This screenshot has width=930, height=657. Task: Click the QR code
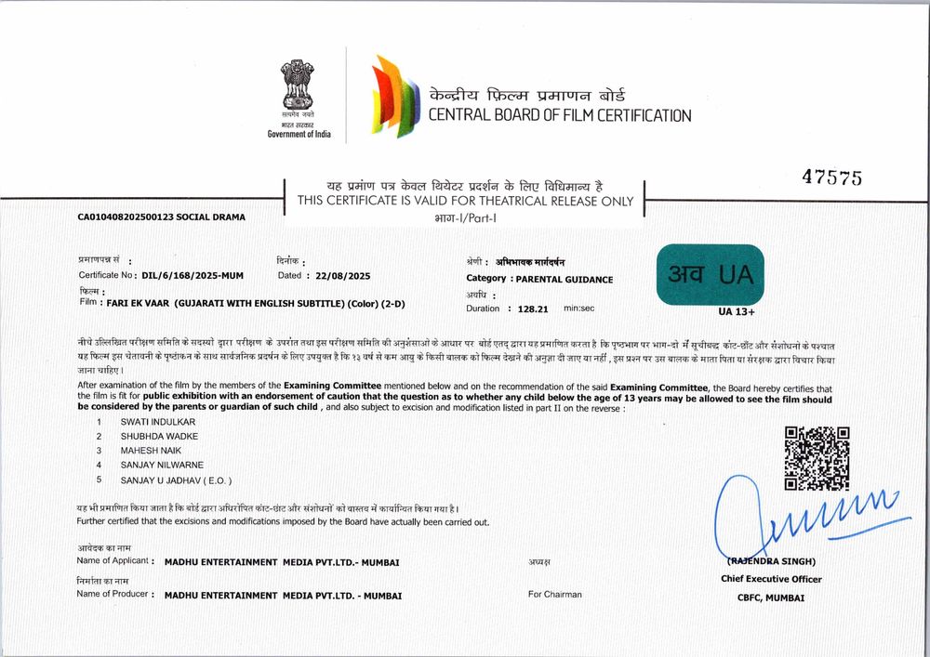pyautogui.click(x=817, y=458)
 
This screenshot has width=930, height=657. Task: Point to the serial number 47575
pyautogui.click(x=831, y=178)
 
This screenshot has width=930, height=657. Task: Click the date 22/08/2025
pyautogui.click(x=343, y=276)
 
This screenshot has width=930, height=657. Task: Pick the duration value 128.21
pyautogui.click(x=534, y=308)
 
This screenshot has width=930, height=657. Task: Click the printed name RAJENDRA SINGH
pyautogui.click(x=771, y=561)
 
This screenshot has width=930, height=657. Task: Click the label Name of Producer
pyautogui.click(x=113, y=594)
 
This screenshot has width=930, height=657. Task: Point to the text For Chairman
pyautogui.click(x=555, y=594)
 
